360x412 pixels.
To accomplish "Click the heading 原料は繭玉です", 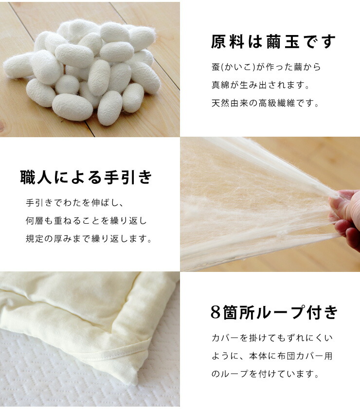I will (273, 42).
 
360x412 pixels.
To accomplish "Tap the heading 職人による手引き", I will (87, 178).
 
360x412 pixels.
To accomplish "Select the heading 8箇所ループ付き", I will (274, 313).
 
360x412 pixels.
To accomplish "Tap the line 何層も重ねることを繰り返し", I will (86, 220).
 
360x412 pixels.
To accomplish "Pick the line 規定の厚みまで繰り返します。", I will (89, 239).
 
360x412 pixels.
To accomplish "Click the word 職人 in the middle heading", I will (36, 178).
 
